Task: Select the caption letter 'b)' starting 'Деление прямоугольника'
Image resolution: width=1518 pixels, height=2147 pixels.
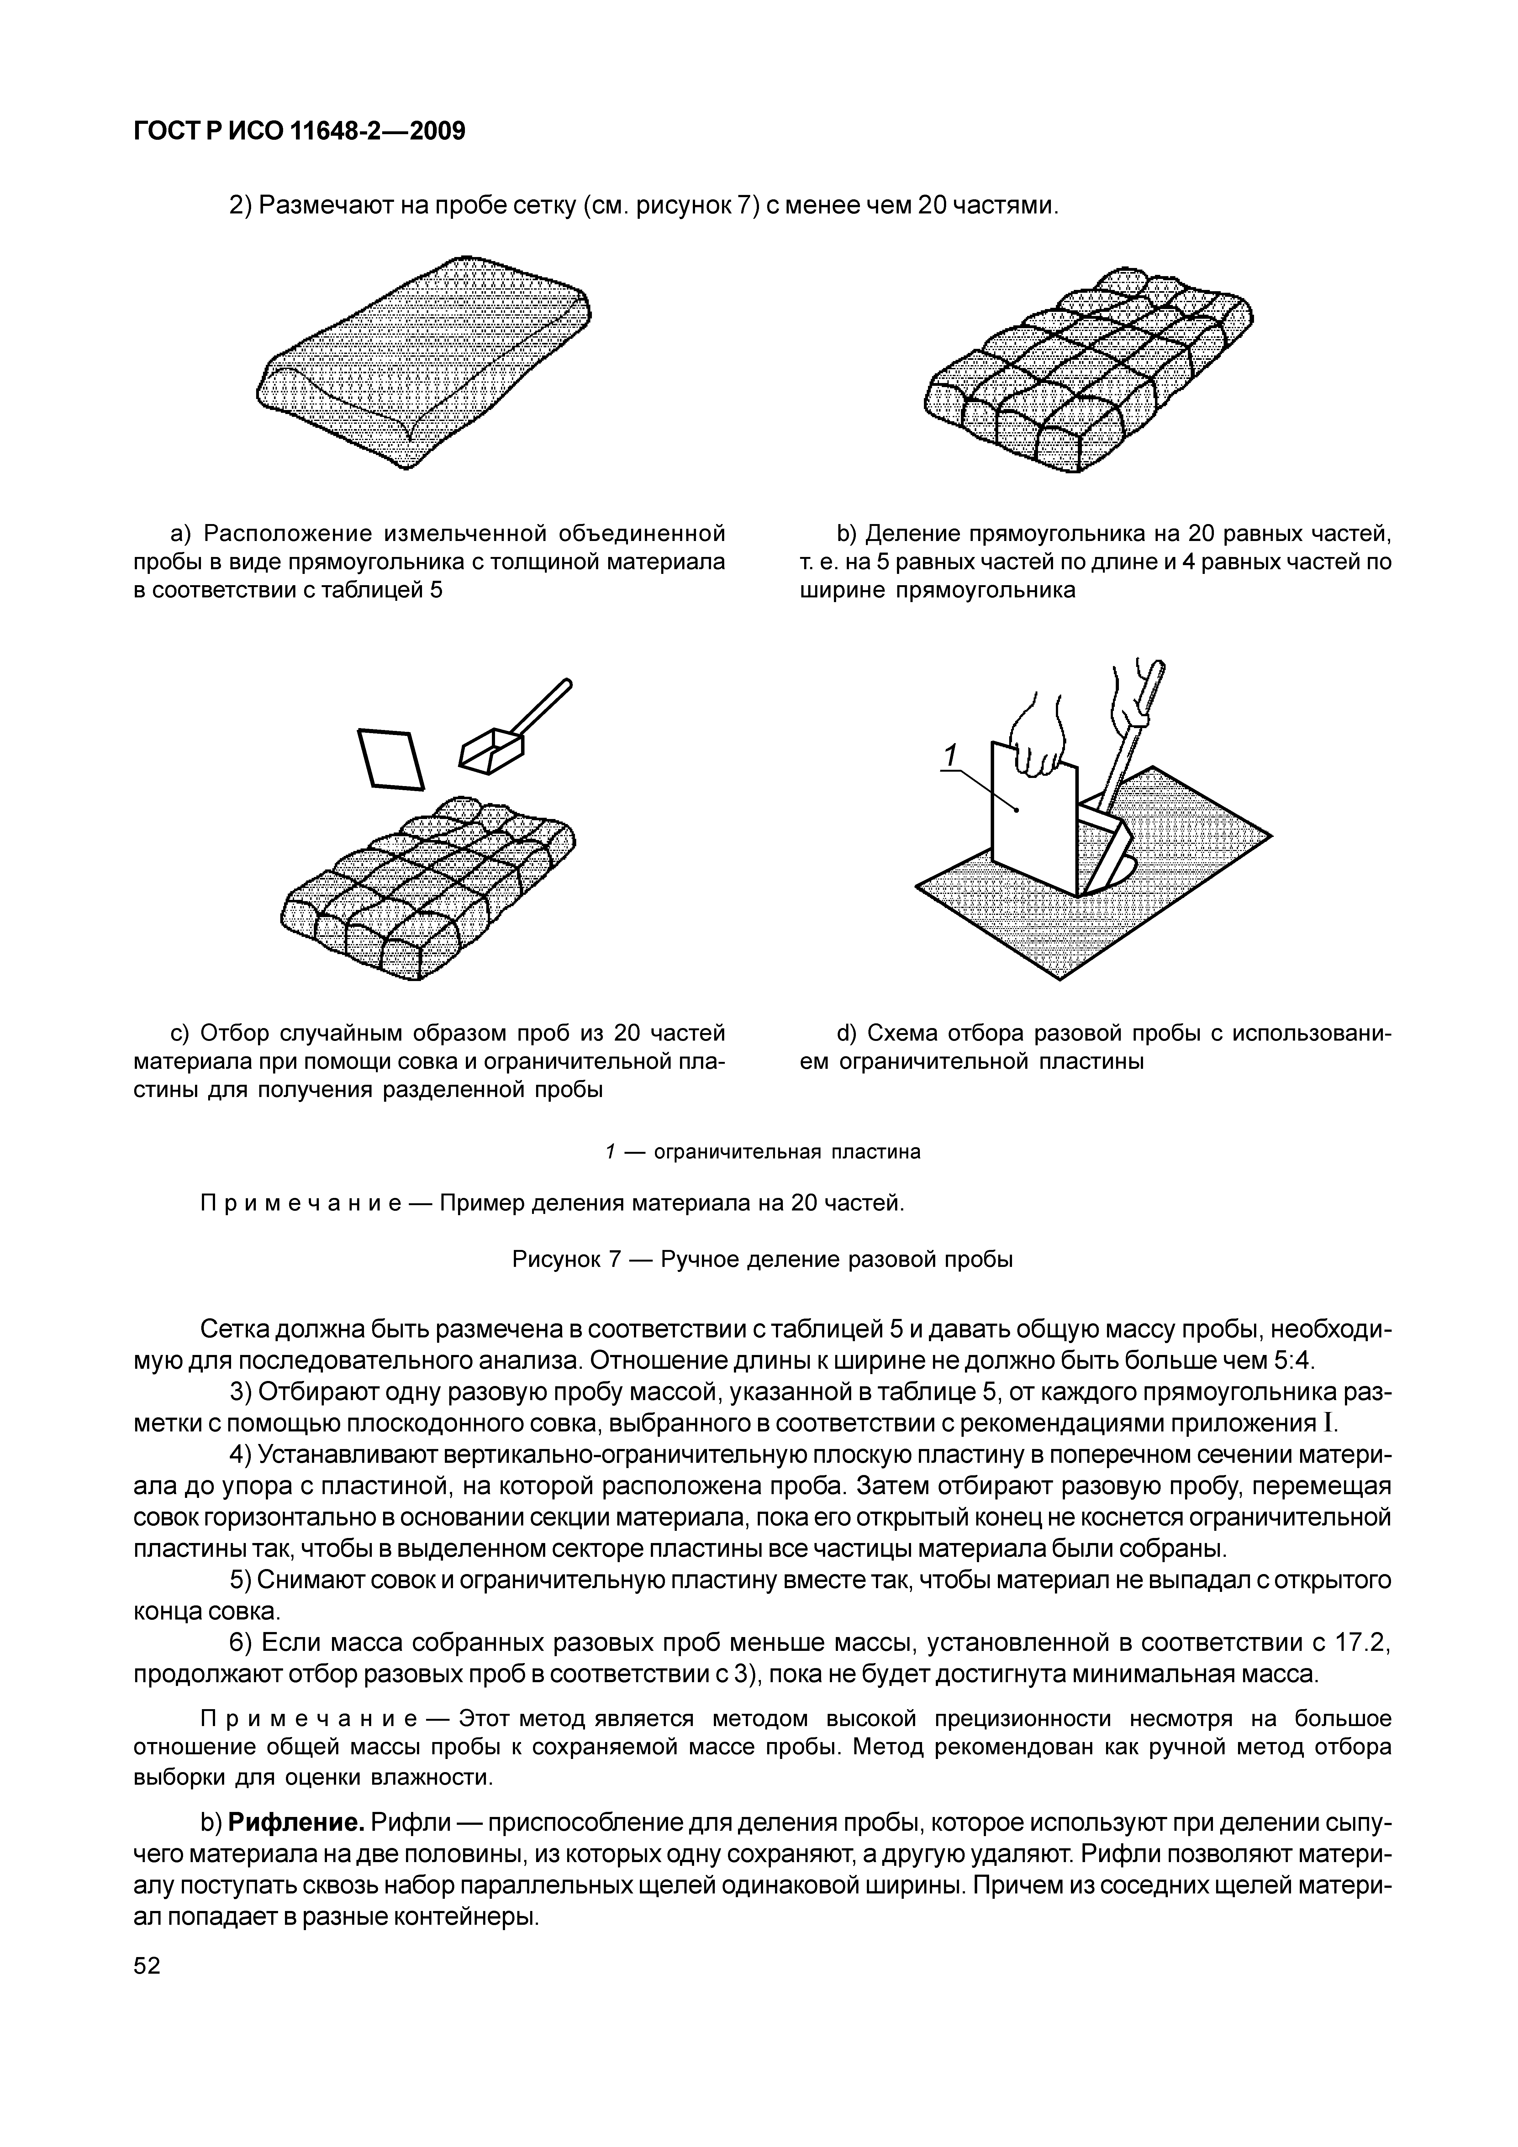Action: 846,534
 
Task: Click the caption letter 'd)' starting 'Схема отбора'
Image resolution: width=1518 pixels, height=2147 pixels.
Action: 846,1033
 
